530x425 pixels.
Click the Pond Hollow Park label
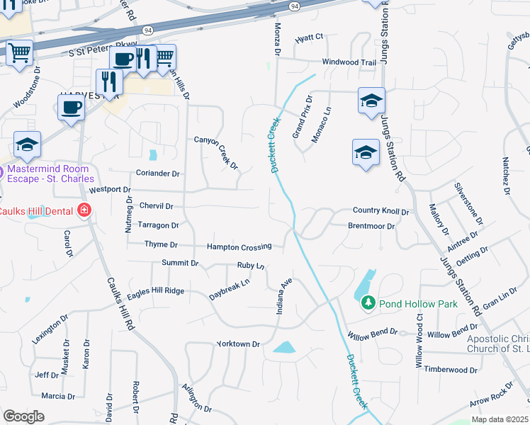pyautogui.click(x=418, y=304)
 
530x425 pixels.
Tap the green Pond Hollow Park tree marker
pyautogui.click(x=368, y=303)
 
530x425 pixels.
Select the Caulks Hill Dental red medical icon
pyautogui.click(x=84, y=210)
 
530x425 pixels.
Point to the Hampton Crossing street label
pyautogui.click(x=239, y=246)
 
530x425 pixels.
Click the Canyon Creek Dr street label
pyautogui.click(x=217, y=153)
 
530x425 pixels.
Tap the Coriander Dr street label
pyautogui.click(x=158, y=173)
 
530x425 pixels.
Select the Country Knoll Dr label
pyautogui.click(x=381, y=211)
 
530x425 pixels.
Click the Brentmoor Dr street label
pyautogui.click(x=371, y=225)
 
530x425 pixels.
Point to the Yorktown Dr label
pyautogui.click(x=239, y=344)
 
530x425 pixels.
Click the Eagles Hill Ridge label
pyautogui.click(x=156, y=291)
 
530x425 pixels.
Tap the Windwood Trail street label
pyautogui.click(x=349, y=62)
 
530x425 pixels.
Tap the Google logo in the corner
pyautogui.click(x=23, y=416)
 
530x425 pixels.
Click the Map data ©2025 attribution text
pyautogui.click(x=500, y=419)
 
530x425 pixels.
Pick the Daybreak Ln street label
pyautogui.click(x=230, y=288)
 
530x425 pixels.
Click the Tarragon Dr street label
pyautogui.click(x=158, y=225)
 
